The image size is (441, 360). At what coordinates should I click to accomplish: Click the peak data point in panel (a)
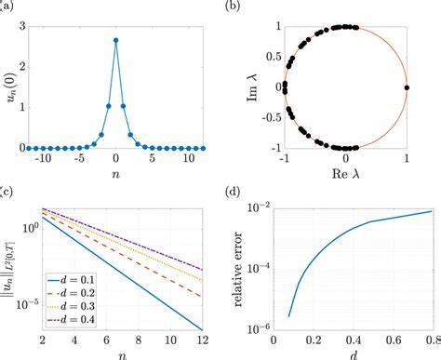(x=115, y=40)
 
